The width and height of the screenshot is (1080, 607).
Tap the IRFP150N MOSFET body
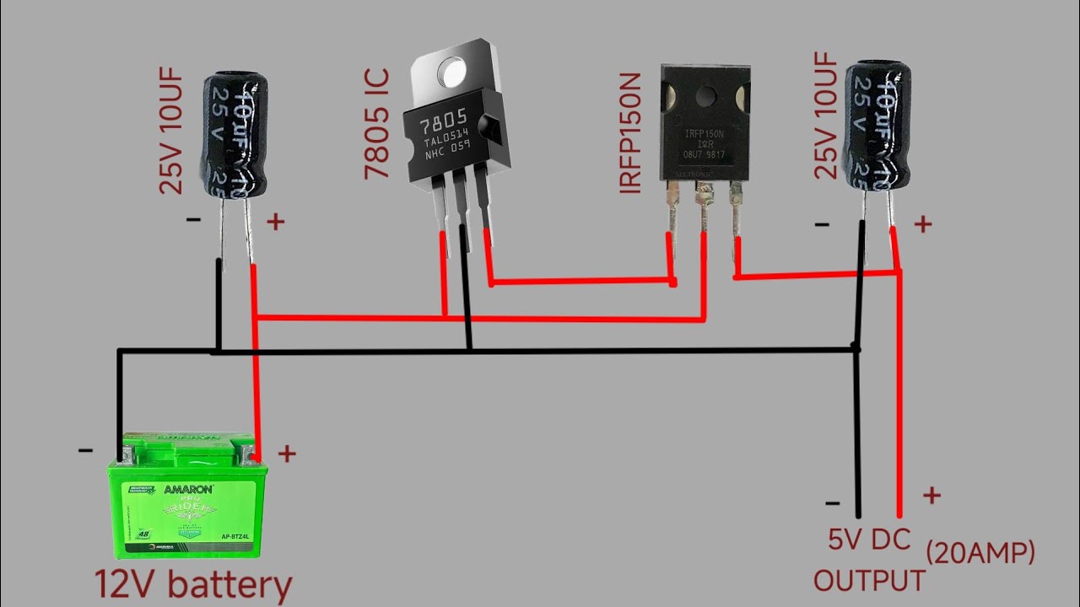[705, 126]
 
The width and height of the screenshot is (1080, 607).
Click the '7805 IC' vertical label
[378, 124]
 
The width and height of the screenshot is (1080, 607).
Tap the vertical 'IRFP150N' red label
[630, 133]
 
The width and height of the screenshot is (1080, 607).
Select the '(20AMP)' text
[980, 553]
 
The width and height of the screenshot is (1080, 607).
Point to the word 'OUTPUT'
[869, 580]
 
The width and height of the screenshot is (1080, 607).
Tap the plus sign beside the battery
[287, 454]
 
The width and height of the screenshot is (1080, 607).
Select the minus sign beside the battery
[85, 450]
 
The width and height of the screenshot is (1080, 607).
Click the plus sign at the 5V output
[931, 495]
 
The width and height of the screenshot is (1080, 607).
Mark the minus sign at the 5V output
[832, 503]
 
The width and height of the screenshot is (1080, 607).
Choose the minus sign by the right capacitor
[822, 224]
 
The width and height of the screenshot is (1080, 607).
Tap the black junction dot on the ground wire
[856, 347]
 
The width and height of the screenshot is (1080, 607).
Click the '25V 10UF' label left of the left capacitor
[171, 133]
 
